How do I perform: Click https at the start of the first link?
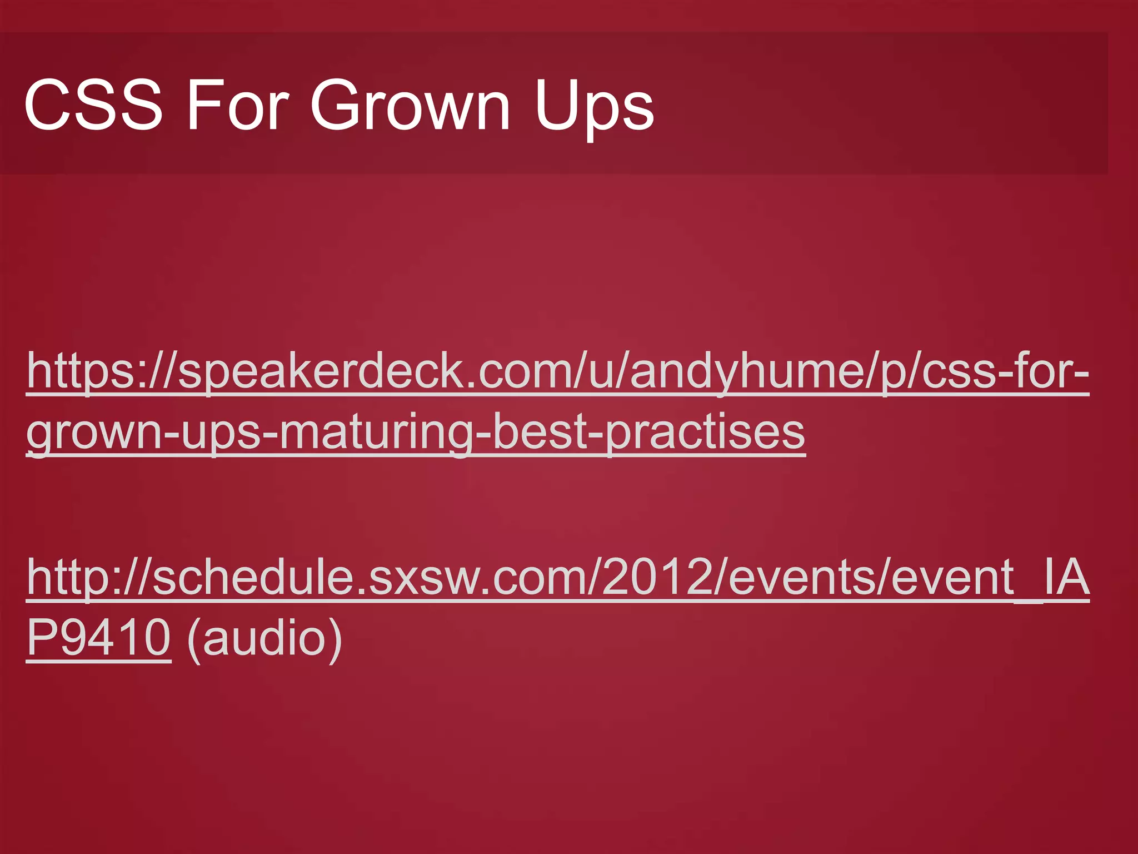tap(78, 371)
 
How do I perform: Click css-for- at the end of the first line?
tap(1006, 371)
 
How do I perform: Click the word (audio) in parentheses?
tap(264, 638)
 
